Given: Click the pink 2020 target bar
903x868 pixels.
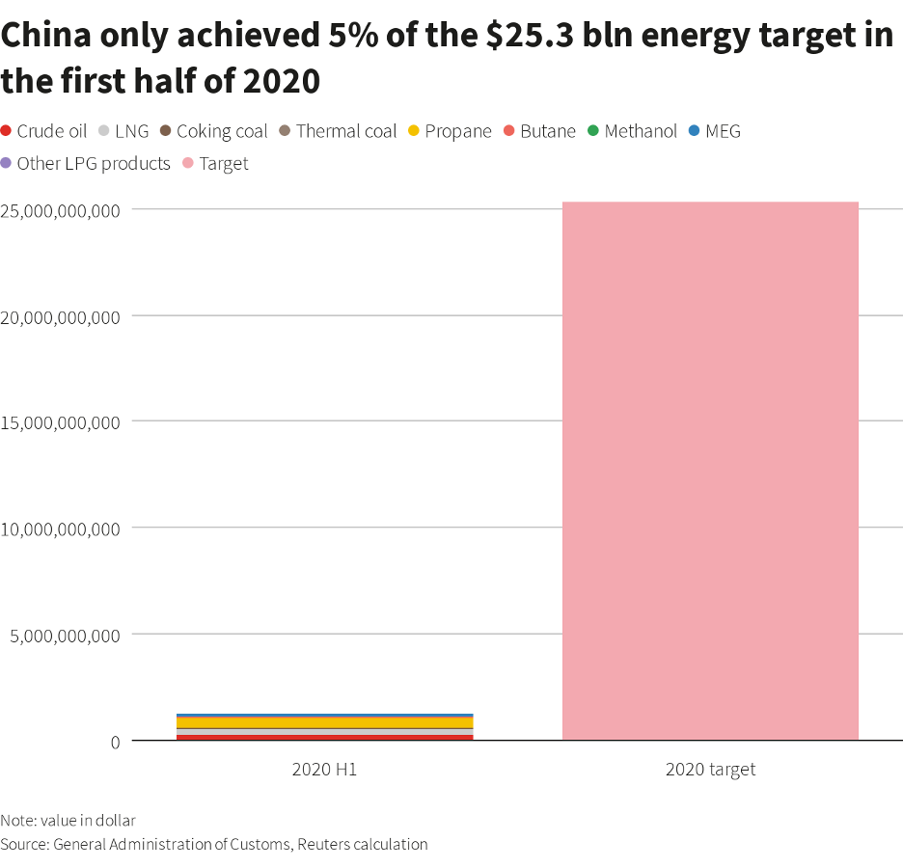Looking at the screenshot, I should tap(710, 471).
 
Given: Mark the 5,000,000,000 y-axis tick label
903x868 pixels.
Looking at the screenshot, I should tap(66, 635).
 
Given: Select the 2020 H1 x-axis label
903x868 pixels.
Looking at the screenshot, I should tap(324, 770).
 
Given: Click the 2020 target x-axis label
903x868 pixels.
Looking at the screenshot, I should tap(710, 770).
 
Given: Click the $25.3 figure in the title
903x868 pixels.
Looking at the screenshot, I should tap(520, 37).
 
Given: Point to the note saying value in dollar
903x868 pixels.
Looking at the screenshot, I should tap(68, 821).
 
